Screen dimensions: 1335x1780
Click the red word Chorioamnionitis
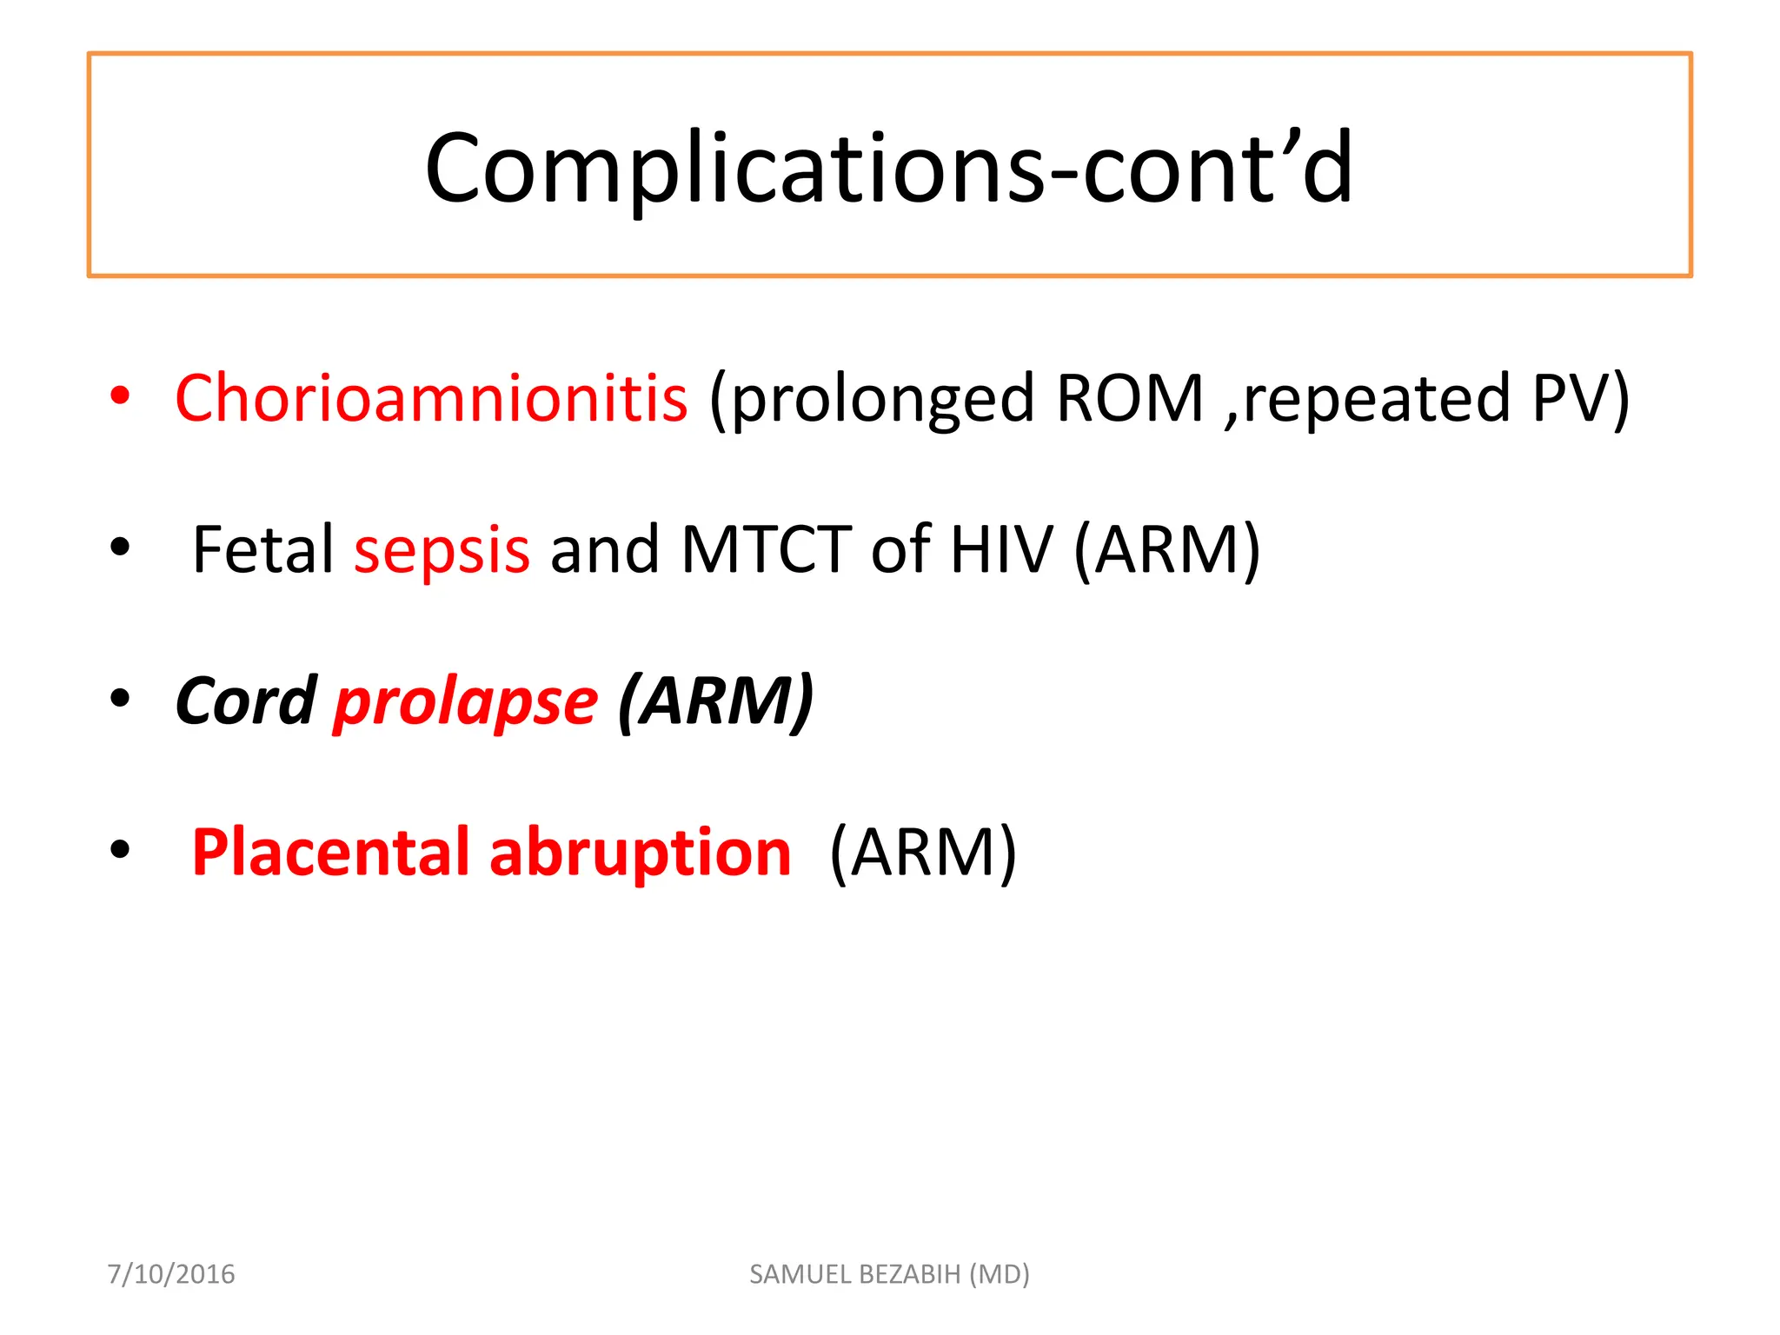(x=431, y=398)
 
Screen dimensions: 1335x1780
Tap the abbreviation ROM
(x=1129, y=398)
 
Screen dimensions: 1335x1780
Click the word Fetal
(x=262, y=549)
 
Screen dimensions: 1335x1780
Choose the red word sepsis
(x=442, y=551)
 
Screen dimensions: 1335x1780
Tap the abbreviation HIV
(x=1000, y=549)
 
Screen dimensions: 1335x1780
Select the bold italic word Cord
(x=246, y=701)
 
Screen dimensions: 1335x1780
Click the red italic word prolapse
(x=466, y=702)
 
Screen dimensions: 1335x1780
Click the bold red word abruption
(x=640, y=852)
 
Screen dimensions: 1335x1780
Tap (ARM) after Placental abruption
(x=922, y=853)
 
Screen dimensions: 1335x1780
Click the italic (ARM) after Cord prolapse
(x=715, y=701)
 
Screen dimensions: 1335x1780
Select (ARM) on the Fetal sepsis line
(x=1166, y=550)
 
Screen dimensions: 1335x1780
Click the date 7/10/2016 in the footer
(x=171, y=1274)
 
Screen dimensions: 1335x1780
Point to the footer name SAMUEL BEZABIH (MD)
(x=889, y=1274)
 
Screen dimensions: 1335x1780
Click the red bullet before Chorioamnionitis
(x=120, y=396)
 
